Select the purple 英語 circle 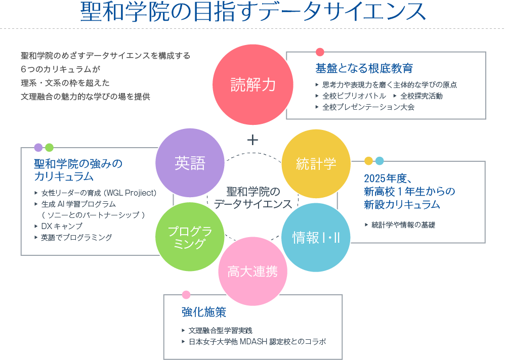190,163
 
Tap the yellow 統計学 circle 316,163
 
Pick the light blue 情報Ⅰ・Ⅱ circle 316,237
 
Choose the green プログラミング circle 190,237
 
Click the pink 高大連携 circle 252,272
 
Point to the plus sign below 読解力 252,140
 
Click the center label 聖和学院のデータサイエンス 252,198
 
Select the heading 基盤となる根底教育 364,68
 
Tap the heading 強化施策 204,312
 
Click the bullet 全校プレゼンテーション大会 368,107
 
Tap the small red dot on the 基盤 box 320,52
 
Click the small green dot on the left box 49,147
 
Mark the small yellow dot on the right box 368,161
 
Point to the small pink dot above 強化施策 186,294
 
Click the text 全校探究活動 421,96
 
